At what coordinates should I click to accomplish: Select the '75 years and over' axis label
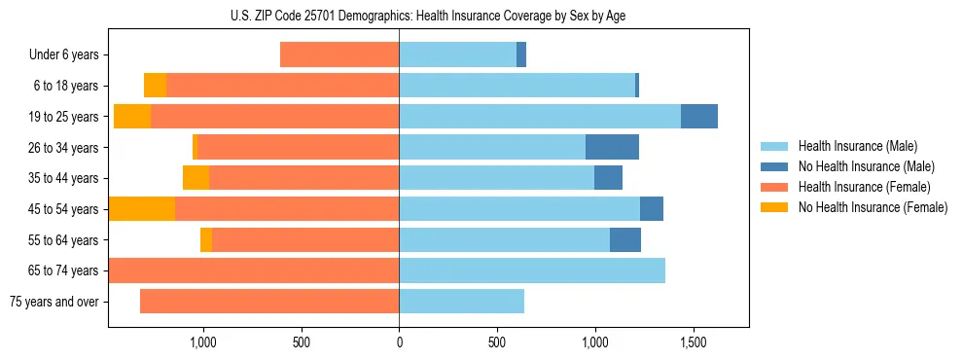[x=54, y=302]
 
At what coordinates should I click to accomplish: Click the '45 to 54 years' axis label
[x=63, y=209]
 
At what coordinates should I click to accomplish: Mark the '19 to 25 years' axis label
[x=63, y=117]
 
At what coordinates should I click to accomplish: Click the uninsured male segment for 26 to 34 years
[x=612, y=147]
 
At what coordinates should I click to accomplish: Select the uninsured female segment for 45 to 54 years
[x=142, y=209]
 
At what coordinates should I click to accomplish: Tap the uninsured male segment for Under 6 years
[x=521, y=55]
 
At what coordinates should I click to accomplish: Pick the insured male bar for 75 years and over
[x=461, y=302]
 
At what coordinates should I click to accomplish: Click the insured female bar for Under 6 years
[x=339, y=55]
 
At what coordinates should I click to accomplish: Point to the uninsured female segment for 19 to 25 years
[x=132, y=117]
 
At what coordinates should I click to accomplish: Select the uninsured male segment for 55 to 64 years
[x=625, y=240]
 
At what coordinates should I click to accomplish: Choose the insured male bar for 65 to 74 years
[x=532, y=270]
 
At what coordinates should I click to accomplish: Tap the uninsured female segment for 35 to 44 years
[x=196, y=178]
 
